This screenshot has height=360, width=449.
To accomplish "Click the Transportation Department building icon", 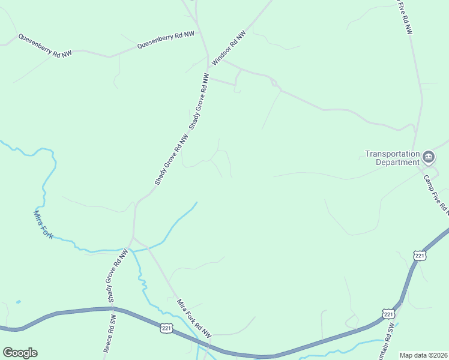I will click(429, 158).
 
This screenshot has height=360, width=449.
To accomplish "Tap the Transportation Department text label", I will click(392, 158).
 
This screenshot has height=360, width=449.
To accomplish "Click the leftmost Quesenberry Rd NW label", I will click(44, 46).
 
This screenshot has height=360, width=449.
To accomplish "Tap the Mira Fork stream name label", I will click(43, 224).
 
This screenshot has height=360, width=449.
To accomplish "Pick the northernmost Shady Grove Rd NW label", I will click(200, 101).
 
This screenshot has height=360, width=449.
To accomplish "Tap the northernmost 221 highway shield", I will click(419, 256).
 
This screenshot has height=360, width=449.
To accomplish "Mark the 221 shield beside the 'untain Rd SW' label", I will click(388, 314).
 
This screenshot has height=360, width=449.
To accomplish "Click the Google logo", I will click(20, 353).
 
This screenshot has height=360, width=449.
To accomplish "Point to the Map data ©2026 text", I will click(423, 355).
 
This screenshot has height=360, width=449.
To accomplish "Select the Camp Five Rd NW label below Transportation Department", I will click(436, 194).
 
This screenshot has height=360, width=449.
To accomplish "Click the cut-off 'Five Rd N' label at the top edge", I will click(405, 17).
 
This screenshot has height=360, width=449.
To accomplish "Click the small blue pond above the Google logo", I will click(19, 301).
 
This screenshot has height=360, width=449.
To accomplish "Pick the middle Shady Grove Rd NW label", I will click(171, 158).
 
